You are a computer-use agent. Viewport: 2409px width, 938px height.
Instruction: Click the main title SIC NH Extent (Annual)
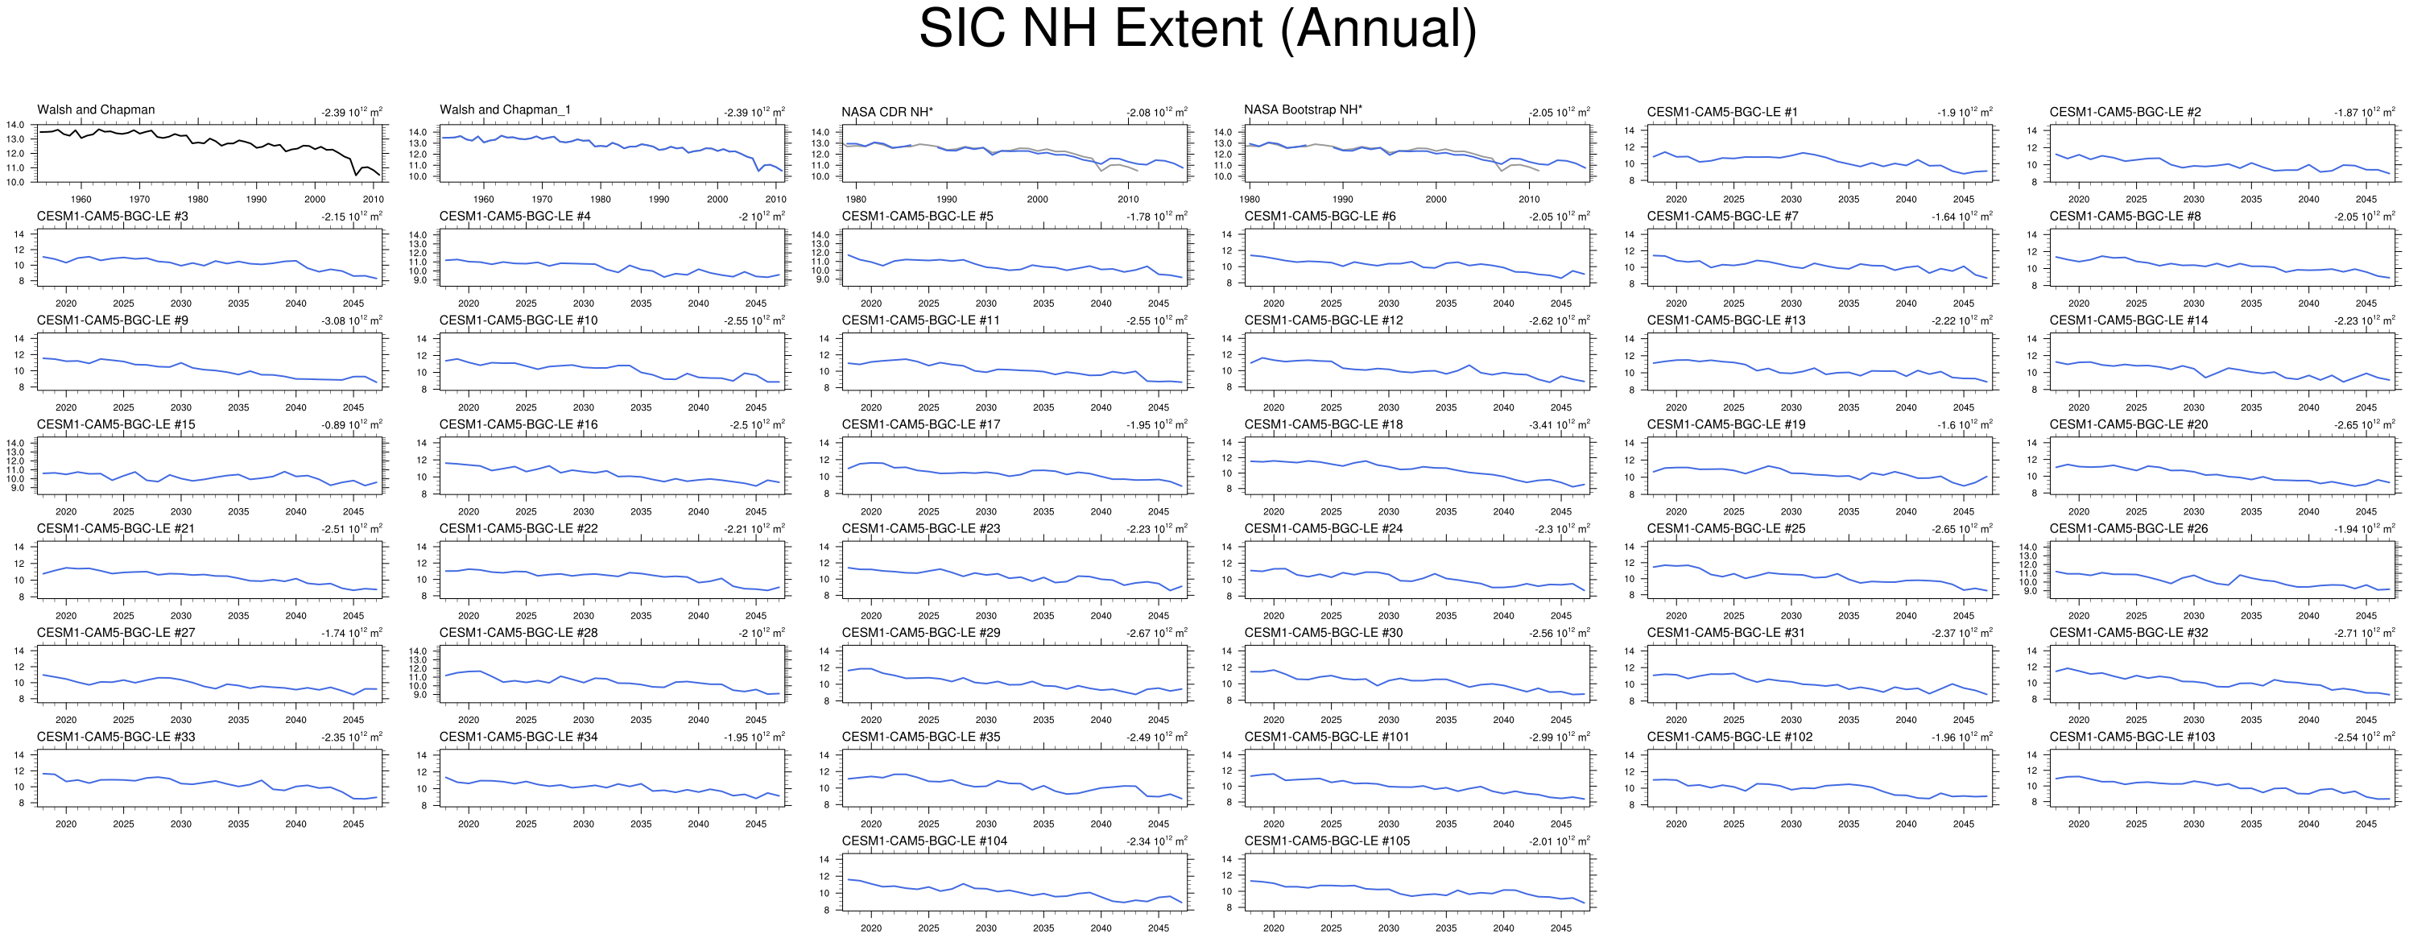(1197, 28)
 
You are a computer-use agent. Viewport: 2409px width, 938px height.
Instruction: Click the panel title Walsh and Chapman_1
(504, 110)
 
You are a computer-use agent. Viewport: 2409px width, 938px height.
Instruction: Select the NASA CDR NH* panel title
(886, 112)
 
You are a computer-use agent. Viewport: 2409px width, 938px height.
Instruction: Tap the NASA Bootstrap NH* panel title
(1303, 110)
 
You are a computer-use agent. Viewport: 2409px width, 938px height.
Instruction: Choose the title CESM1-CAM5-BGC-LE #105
(1326, 841)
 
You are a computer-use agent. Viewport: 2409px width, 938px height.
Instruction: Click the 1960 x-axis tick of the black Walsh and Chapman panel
(81, 199)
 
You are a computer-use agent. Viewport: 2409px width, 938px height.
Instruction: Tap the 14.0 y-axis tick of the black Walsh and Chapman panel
(15, 126)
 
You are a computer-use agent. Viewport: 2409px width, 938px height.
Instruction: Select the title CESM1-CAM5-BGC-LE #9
(112, 320)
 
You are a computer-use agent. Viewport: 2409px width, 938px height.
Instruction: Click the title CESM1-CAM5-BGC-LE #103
(2131, 737)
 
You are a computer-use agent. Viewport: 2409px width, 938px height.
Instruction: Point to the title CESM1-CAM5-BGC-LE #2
(2125, 112)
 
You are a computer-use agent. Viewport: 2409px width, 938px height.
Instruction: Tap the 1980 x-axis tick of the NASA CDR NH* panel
(856, 199)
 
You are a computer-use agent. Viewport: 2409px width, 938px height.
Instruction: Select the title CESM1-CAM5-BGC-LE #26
(2127, 528)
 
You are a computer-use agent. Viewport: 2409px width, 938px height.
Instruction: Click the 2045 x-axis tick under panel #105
(1561, 928)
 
